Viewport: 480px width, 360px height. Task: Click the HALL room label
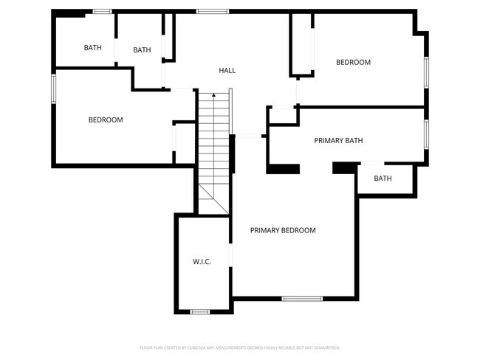tap(227, 71)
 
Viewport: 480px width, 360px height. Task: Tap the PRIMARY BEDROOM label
tap(283, 231)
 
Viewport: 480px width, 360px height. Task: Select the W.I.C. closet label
tap(202, 262)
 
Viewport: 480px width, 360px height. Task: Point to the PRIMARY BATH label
tap(338, 141)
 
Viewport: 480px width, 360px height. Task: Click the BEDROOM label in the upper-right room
tap(353, 63)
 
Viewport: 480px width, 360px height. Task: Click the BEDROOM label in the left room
tap(106, 120)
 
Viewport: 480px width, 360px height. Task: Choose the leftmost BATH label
tap(92, 48)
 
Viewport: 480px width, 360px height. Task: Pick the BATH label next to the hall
tap(142, 50)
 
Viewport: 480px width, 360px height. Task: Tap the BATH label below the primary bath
tap(383, 179)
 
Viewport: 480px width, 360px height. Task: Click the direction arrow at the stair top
tap(213, 95)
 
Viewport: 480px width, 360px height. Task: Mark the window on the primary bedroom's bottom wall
tap(302, 298)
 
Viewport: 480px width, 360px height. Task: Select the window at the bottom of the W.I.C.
tap(200, 312)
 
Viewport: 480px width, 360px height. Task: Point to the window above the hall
tap(213, 11)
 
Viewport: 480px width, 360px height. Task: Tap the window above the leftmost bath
tap(102, 11)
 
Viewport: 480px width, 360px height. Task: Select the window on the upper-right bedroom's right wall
tap(426, 72)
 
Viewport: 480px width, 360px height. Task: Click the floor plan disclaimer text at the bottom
tap(240, 347)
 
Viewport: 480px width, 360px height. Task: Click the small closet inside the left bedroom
tap(183, 142)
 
